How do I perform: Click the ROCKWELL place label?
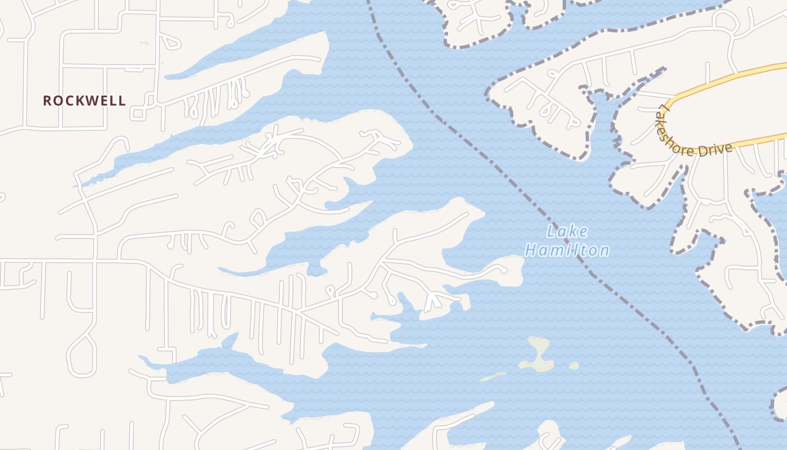click(x=84, y=101)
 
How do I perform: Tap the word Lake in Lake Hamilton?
click(x=567, y=231)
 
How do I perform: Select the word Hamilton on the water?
click(x=567, y=250)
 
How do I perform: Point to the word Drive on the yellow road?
click(x=716, y=149)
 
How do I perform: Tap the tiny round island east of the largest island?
click(x=573, y=366)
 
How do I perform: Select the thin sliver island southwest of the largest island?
click(x=493, y=376)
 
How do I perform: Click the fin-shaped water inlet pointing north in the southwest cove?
click(x=230, y=340)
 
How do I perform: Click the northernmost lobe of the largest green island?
click(x=539, y=343)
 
